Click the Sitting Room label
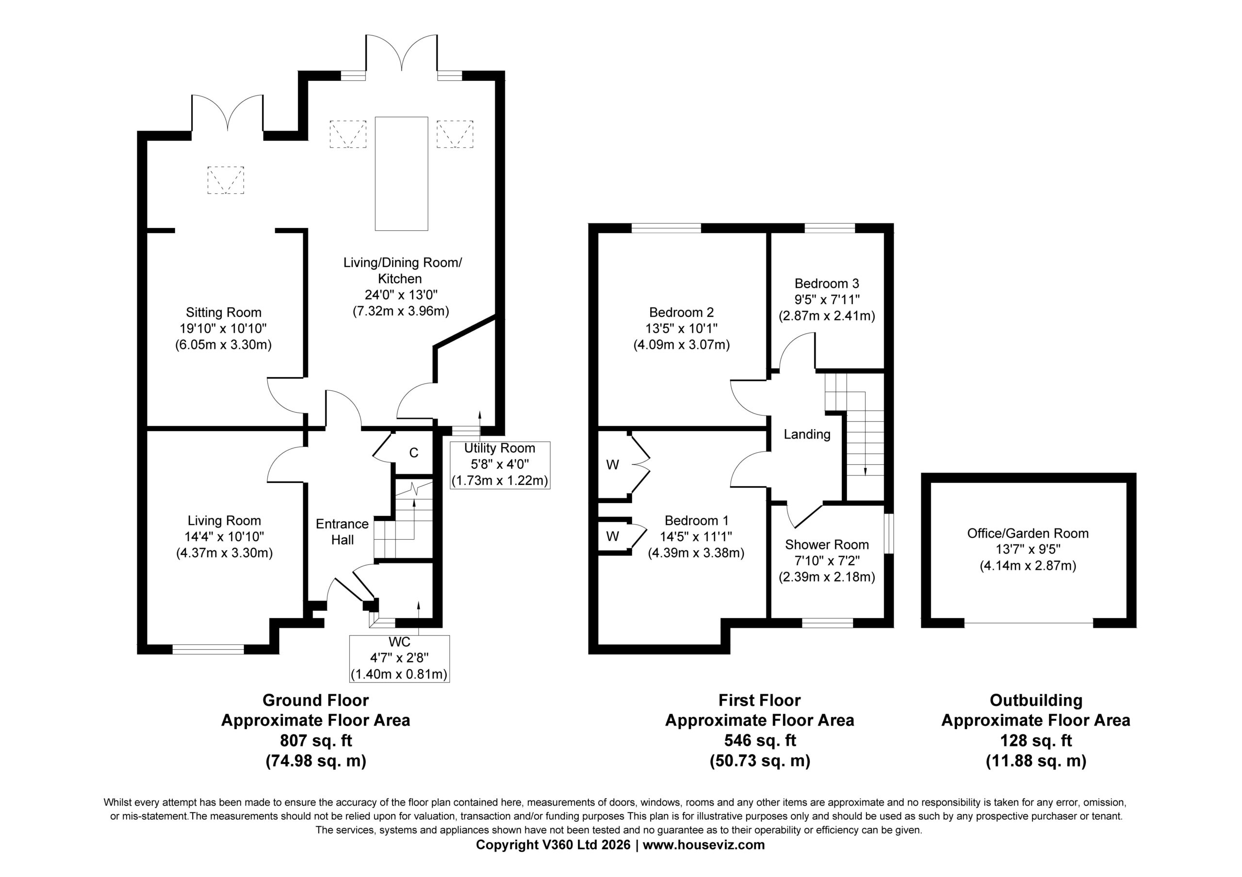tap(223, 313)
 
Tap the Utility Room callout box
tap(500, 465)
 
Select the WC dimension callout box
tap(399, 658)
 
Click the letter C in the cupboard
tap(414, 452)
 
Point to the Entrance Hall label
tap(343, 531)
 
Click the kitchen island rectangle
tap(401, 174)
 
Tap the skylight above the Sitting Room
tap(226, 180)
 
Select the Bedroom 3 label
tap(827, 283)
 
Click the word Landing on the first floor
tap(807, 434)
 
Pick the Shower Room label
tap(827, 544)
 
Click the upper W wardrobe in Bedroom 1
tap(613, 464)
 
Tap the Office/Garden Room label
tap(1028, 533)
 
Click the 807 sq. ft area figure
tap(316, 740)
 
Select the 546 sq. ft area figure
tap(760, 740)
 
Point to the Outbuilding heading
tap(1036, 700)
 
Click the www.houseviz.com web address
tap(704, 845)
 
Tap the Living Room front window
tap(208, 649)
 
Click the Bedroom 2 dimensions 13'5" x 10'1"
tap(682, 328)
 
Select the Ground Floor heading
tap(316, 700)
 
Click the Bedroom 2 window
tap(667, 228)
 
